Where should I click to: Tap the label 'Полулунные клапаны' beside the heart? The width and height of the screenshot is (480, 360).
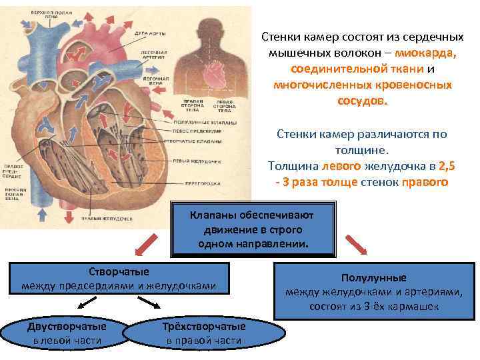click(192, 123)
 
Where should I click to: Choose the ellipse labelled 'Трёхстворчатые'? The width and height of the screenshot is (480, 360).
click(203, 334)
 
